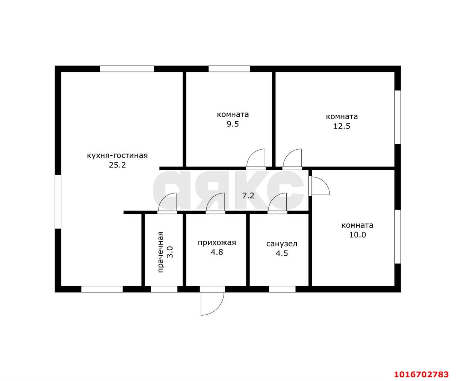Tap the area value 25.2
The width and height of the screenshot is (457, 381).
(117, 165)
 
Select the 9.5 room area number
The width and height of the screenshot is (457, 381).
(233, 124)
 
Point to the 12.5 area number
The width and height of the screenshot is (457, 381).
(342, 126)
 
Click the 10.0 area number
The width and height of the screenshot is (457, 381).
(357, 235)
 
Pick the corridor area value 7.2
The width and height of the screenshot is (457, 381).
(248, 196)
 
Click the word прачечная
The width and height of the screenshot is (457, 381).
(160, 252)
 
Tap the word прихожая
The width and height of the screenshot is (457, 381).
(217, 243)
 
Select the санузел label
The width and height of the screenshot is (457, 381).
(282, 244)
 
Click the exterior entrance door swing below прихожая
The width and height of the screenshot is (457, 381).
(212, 304)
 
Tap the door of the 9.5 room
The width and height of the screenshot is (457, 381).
(256, 158)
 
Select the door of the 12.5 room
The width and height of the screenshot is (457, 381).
(292, 158)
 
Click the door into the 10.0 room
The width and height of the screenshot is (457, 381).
(321, 186)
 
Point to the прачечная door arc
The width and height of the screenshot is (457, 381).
(167, 202)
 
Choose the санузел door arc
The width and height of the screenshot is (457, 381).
(277, 202)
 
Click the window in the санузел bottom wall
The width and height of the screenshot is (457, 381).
(282, 289)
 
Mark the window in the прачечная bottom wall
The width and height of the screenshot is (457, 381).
(164, 289)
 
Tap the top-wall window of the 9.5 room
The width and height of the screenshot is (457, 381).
(229, 69)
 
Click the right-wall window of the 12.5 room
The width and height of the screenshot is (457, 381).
(398, 117)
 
